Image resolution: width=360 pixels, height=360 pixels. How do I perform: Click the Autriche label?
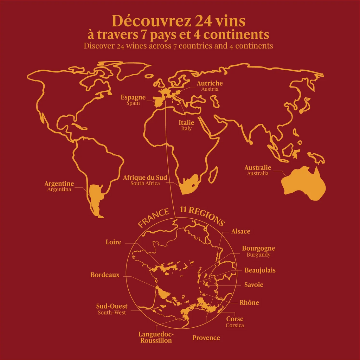click(210, 84)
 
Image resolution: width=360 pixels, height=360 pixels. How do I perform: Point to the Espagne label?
click(133, 97)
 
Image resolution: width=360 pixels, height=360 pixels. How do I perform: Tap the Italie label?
click(186, 123)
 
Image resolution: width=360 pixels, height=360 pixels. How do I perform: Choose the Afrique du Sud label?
click(145, 178)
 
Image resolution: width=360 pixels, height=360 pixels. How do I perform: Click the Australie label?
click(258, 168)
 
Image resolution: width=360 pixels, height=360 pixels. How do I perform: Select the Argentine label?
click(59, 184)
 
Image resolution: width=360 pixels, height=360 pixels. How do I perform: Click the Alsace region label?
click(240, 231)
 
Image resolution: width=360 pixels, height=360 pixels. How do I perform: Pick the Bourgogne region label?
click(258, 249)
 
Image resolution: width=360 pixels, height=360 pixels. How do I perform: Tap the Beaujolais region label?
click(260, 270)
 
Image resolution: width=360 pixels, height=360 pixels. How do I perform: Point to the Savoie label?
click(254, 285)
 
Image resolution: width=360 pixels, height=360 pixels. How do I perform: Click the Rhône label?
click(249, 303)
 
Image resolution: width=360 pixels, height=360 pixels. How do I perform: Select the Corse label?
click(234, 319)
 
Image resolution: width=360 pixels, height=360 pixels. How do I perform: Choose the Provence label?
click(206, 338)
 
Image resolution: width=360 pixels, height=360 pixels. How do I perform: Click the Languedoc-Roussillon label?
click(156, 337)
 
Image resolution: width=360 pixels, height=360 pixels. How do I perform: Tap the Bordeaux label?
click(105, 275)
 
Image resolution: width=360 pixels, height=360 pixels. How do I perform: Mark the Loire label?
click(113, 242)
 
